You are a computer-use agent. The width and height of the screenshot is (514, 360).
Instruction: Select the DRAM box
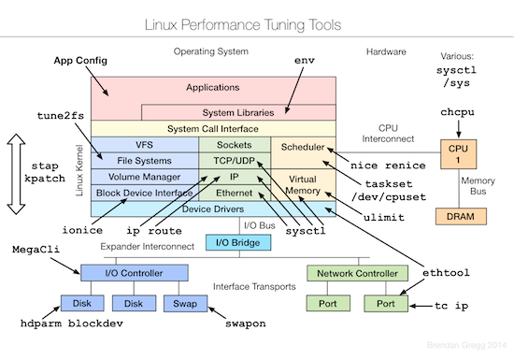(458, 216)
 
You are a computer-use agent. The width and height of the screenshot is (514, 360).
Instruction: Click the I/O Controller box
(125, 273)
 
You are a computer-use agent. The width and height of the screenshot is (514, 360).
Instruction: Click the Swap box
(182, 304)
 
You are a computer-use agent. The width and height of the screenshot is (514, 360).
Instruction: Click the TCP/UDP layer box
(234, 160)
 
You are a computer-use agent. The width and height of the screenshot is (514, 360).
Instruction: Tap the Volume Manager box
(144, 175)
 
